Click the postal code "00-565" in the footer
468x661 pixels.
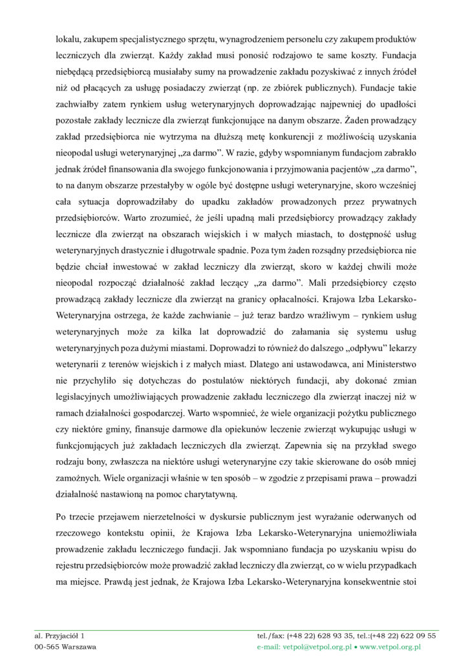coord(47,646)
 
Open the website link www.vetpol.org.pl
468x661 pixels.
coord(390,646)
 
